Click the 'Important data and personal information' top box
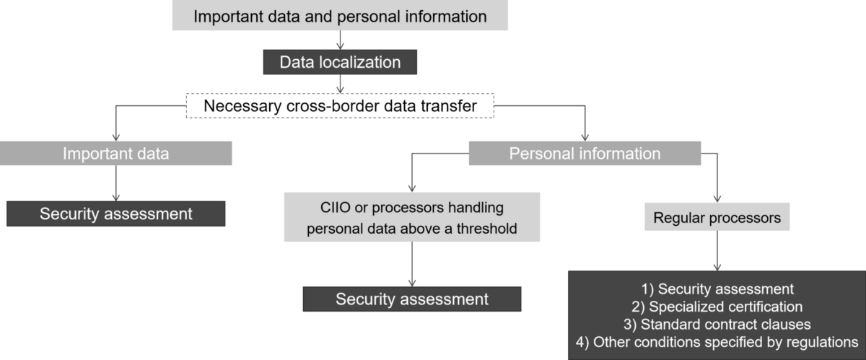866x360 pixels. tap(340, 15)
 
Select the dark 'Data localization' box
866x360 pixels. tap(340, 62)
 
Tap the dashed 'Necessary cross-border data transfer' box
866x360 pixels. tap(340, 107)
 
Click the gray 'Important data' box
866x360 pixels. tap(116, 153)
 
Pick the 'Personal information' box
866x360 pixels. tap(585, 153)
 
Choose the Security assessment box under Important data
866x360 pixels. tap(116, 214)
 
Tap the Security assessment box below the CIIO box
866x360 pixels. tap(412, 299)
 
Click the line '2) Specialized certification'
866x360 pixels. tap(717, 306)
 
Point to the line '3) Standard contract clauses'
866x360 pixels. tap(717, 322)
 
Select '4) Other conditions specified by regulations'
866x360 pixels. tap(717, 340)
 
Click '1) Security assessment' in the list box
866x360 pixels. tap(717, 289)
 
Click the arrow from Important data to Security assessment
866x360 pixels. tap(116, 183)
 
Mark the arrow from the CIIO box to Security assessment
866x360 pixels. tap(412, 264)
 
